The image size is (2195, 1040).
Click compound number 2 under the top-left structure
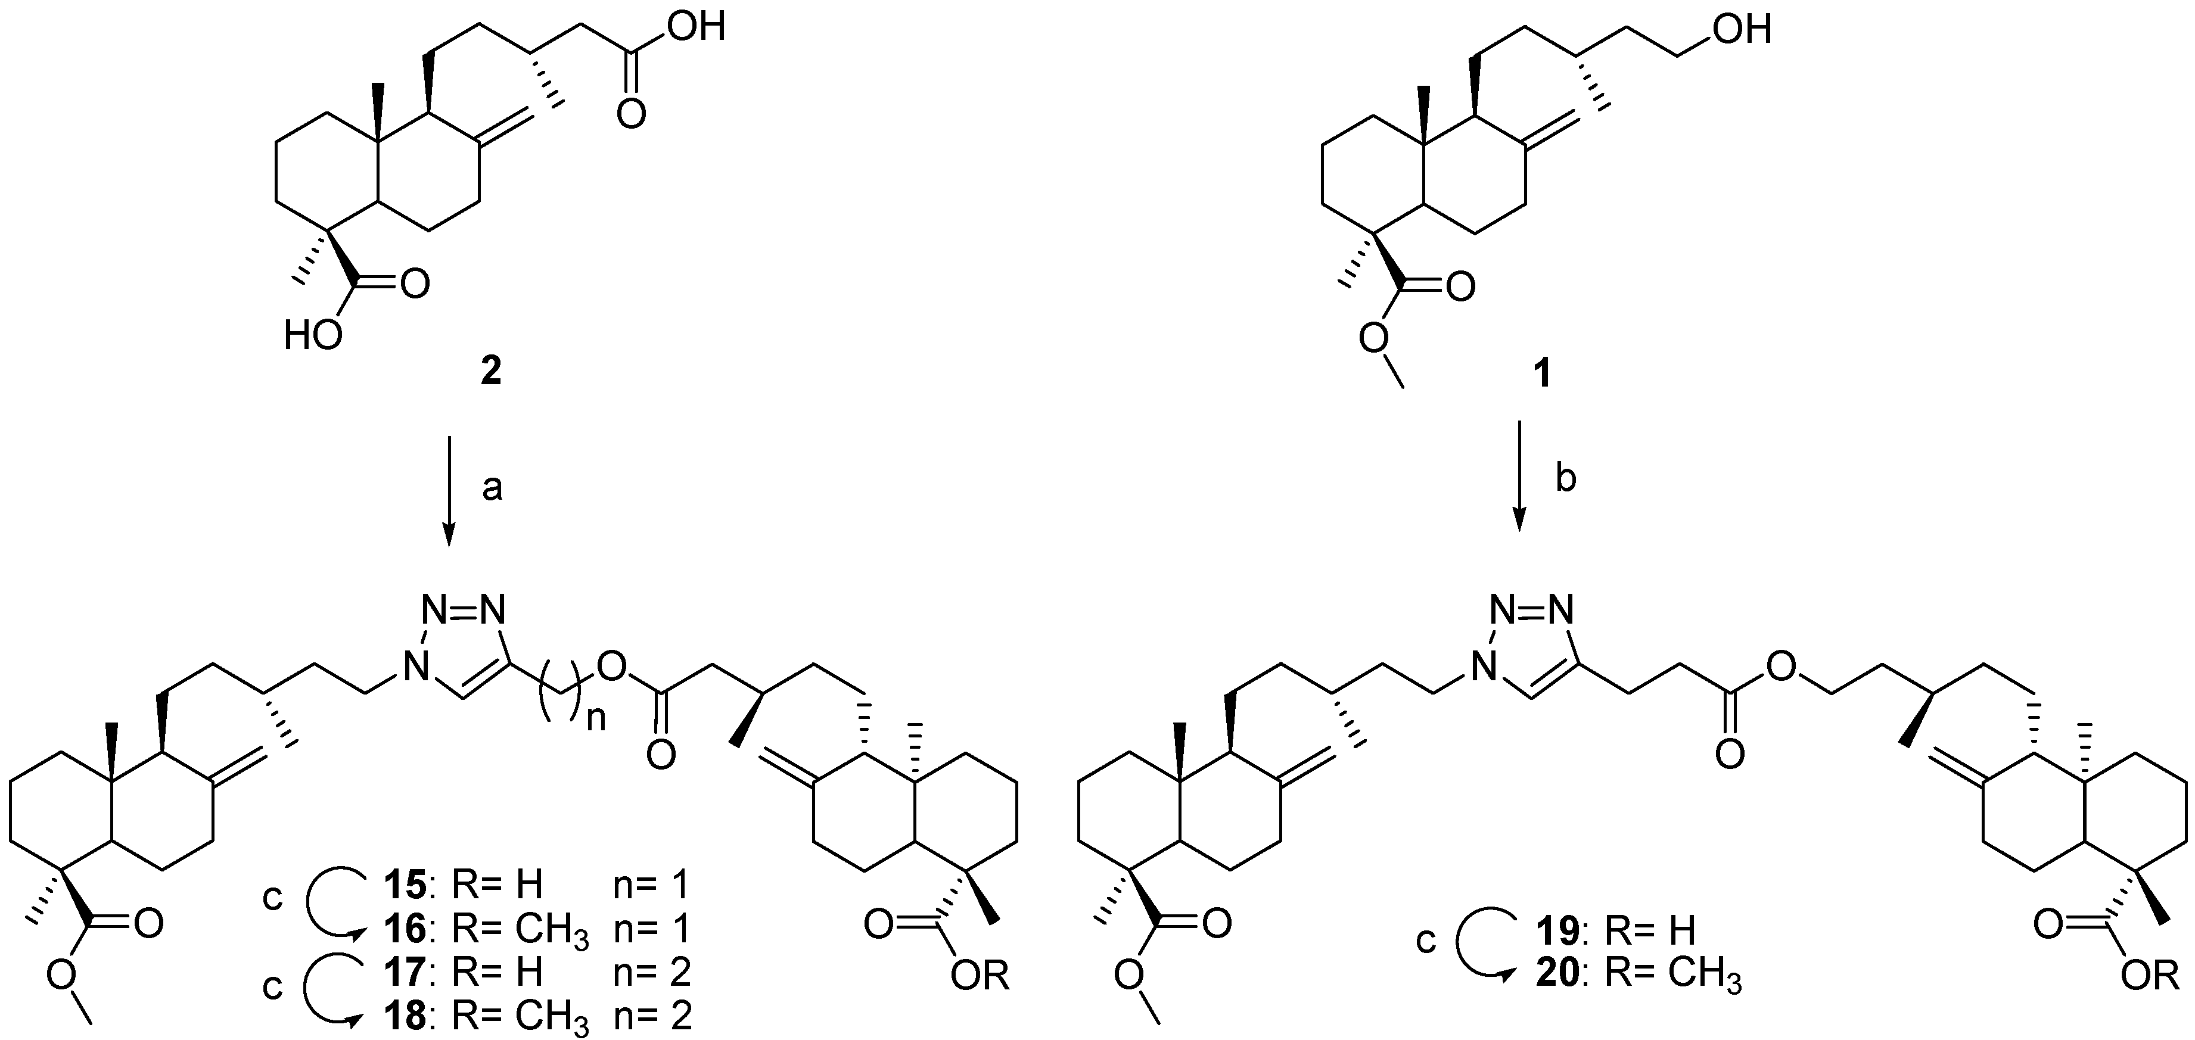point(491,372)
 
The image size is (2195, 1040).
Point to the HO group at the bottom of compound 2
point(313,337)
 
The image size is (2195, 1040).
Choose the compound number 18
point(405,1016)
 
